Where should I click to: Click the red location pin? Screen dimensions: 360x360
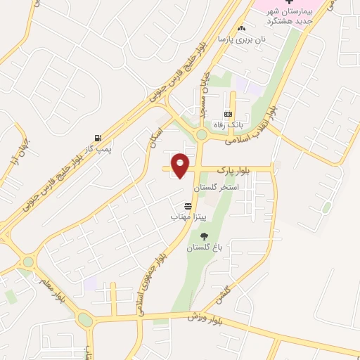(181, 165)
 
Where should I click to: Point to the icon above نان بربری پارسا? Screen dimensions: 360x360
(242, 28)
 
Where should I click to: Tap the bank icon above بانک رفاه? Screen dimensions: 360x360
(228, 113)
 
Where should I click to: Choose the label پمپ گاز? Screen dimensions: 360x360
(98, 149)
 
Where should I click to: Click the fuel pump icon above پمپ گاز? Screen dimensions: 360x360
(96, 137)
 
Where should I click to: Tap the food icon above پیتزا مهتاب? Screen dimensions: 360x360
(187, 206)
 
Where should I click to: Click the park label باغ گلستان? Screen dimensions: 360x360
(203, 248)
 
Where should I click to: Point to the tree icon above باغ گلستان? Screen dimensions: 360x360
(204, 236)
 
